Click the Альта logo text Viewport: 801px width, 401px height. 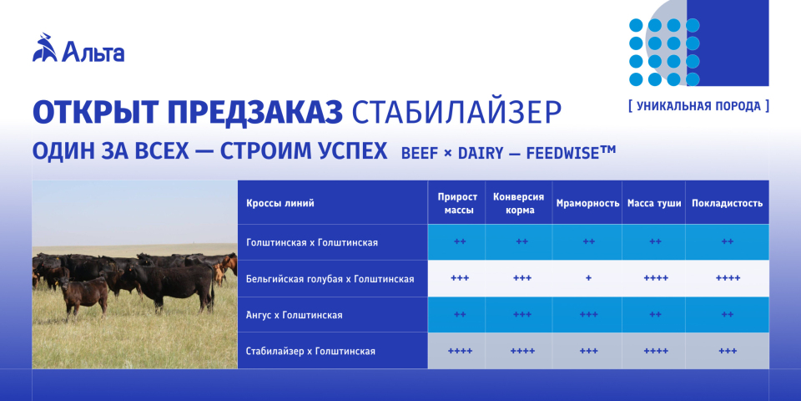point(93,52)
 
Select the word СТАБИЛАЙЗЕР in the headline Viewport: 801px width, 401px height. point(457,113)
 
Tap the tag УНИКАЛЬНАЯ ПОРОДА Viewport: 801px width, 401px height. point(699,106)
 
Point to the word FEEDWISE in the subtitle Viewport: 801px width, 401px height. point(564,153)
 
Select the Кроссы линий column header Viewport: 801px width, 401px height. point(280,203)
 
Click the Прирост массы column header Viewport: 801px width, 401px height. point(457,204)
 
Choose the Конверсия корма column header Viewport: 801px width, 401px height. point(518,204)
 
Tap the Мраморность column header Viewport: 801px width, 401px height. point(587,203)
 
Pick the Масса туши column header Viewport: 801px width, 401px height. point(654,203)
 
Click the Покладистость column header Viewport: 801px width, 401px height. point(727,203)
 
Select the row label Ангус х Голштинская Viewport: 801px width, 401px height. point(295,315)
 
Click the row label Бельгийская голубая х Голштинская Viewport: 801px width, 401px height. point(330,279)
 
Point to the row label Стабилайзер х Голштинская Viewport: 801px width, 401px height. point(310,352)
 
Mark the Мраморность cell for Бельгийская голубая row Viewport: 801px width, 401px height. point(588,279)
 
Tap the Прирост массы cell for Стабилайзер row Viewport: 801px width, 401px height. point(460,352)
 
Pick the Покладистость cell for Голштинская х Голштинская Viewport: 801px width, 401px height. point(728,242)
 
